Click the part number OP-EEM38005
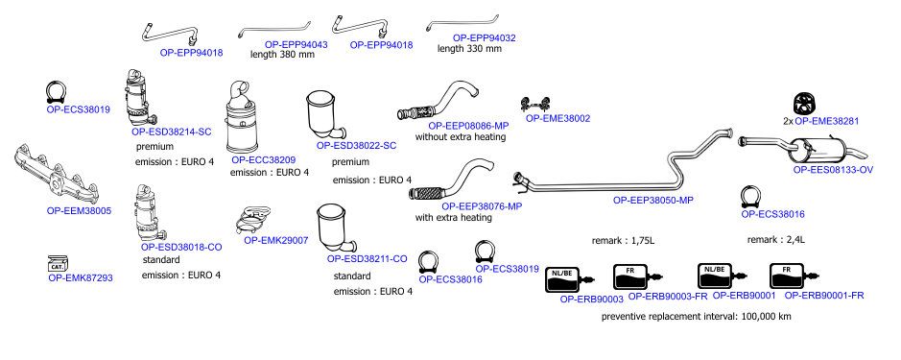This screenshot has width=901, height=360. click(x=79, y=211)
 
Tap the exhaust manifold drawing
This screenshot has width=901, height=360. click(x=46, y=173)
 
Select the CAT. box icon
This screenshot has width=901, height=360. click(x=58, y=263)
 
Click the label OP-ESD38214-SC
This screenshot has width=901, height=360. click(x=171, y=132)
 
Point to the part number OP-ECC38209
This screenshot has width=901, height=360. click(x=264, y=159)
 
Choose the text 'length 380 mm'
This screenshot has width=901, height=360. click(x=282, y=56)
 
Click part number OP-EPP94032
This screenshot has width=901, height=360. click(x=484, y=38)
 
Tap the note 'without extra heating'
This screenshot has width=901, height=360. click(x=461, y=137)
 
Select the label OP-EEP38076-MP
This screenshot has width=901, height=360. click(x=482, y=205)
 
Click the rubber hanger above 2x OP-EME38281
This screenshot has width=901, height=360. click(x=805, y=104)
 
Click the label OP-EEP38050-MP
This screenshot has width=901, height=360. click(x=653, y=200)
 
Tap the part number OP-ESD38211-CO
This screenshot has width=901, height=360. click(x=368, y=259)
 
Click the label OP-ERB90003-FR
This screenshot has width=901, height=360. click(x=668, y=297)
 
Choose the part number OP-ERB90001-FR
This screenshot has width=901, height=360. click(x=824, y=296)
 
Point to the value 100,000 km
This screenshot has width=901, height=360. click(x=767, y=316)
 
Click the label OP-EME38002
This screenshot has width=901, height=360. click(x=557, y=118)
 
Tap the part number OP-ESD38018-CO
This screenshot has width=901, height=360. click(x=181, y=248)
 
